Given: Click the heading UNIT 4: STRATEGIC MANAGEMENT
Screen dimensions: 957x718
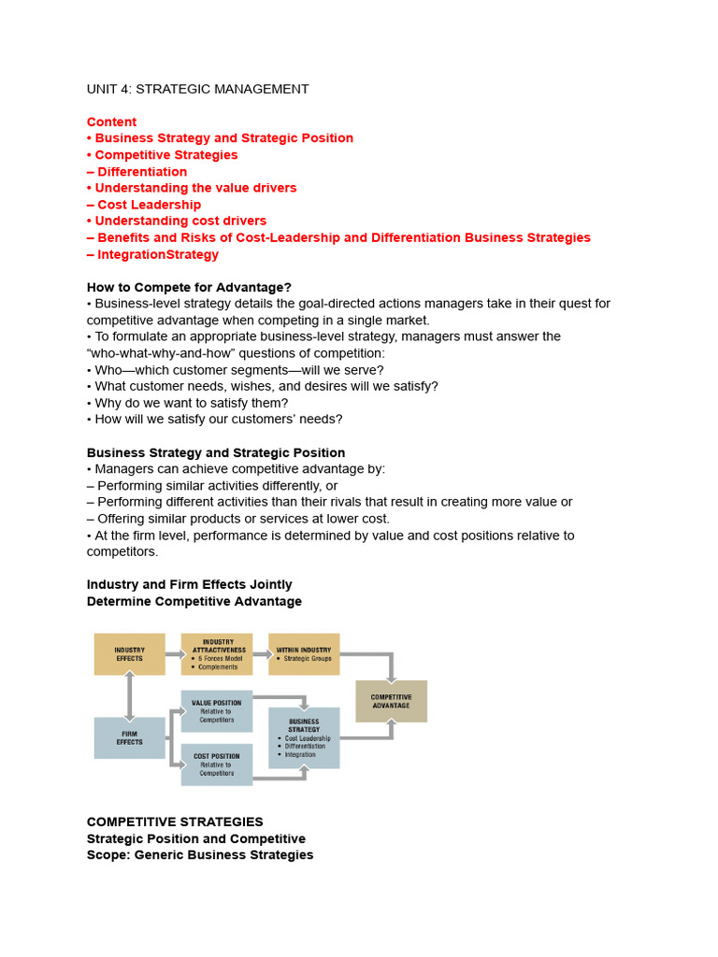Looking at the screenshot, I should pos(197,89).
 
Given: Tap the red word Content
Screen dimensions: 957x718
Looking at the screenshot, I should pos(111,121).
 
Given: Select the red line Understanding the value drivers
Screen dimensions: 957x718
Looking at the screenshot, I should pos(195,188).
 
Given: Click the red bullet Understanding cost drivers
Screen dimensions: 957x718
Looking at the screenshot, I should pos(180,221).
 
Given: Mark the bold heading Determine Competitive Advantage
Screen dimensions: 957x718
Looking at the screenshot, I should pos(194,601).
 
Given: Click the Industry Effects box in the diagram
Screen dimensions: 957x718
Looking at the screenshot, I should pos(129,654).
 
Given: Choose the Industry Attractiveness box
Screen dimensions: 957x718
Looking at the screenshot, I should pos(217,654).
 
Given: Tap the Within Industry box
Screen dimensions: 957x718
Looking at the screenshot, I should pos(304,654).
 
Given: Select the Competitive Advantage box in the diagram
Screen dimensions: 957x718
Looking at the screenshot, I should pos(391,701).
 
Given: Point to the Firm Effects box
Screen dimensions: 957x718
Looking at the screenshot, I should pos(129,737).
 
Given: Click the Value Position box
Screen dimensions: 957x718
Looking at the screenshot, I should pos(216,711).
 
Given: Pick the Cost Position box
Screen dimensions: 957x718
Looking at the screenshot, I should pos(216,764).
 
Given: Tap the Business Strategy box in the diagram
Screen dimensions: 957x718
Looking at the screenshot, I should pos(304,737).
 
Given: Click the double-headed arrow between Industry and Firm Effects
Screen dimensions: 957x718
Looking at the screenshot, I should pos(129,696).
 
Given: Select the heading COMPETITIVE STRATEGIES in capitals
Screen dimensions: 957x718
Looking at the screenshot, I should pos(175,821).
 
